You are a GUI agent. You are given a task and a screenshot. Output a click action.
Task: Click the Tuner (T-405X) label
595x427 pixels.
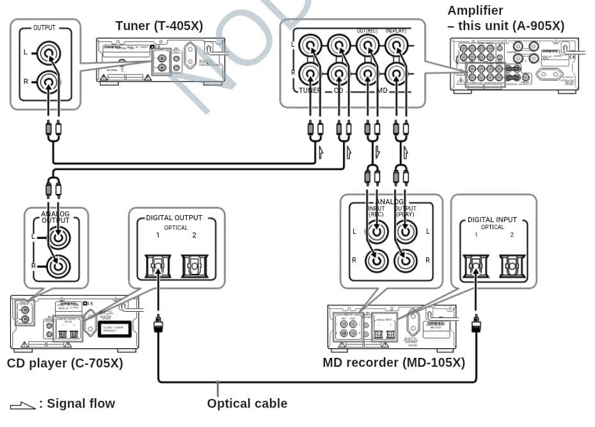pos(159,26)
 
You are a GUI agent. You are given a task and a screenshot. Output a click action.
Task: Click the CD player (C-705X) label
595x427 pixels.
pos(65,364)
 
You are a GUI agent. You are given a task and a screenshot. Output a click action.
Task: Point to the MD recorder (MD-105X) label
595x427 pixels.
pos(393,363)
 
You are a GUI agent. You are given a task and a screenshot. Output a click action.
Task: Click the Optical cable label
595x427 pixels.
pos(247,403)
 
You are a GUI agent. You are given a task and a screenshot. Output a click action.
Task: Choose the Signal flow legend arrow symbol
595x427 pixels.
pos(22,405)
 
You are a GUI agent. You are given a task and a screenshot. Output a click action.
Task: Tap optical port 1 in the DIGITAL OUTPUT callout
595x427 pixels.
pos(158,264)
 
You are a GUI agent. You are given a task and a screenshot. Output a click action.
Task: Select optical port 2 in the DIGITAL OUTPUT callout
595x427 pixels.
pos(194,264)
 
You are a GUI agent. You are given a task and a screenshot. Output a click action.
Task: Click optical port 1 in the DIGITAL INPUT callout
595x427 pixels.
pos(475,265)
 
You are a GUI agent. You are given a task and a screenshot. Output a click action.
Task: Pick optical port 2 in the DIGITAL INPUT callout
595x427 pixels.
pos(511,265)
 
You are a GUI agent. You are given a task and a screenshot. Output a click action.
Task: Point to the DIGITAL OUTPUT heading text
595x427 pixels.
pos(174,218)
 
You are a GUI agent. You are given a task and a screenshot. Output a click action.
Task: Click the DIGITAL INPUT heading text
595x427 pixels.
pos(492,220)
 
